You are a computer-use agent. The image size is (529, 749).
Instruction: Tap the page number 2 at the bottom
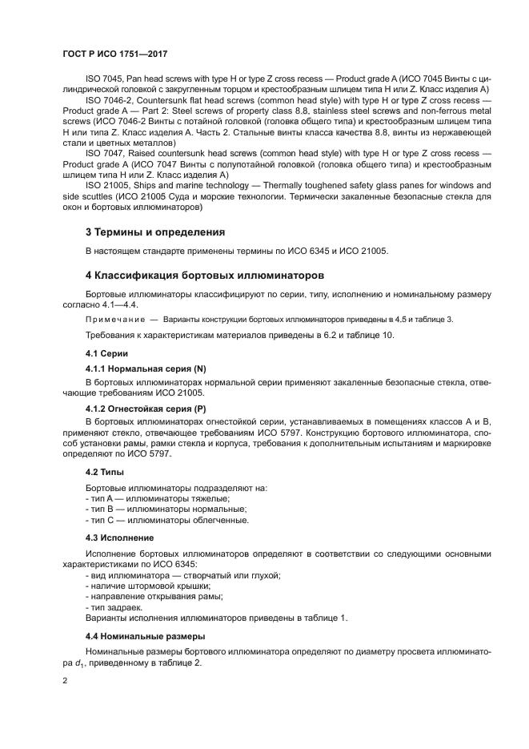[x=65, y=680]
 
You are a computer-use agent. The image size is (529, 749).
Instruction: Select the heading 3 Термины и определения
[x=154, y=232]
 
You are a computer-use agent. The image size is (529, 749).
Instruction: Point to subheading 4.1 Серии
[x=106, y=353]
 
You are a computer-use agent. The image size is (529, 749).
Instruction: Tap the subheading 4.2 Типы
[x=104, y=473]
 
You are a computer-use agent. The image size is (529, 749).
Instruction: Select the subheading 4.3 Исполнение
[x=120, y=537]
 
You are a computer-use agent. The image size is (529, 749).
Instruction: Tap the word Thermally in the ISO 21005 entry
[x=279, y=184]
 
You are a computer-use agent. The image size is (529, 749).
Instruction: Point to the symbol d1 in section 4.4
[x=99, y=662]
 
